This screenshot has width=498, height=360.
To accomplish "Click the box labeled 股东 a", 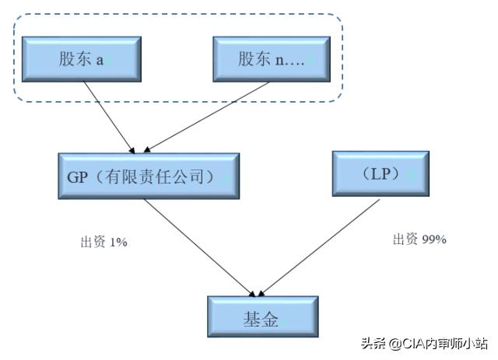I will (81, 58).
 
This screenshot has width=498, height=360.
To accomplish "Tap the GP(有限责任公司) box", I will (148, 176).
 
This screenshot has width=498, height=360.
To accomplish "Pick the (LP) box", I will (380, 173).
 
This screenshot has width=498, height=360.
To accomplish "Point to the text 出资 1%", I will (103, 243).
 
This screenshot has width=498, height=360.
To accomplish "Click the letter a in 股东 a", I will (100, 60).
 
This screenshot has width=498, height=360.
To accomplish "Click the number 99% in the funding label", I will (433, 239).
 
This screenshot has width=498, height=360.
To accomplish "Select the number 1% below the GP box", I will (118, 243).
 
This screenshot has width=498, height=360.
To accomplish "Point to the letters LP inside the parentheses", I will (380, 173).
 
